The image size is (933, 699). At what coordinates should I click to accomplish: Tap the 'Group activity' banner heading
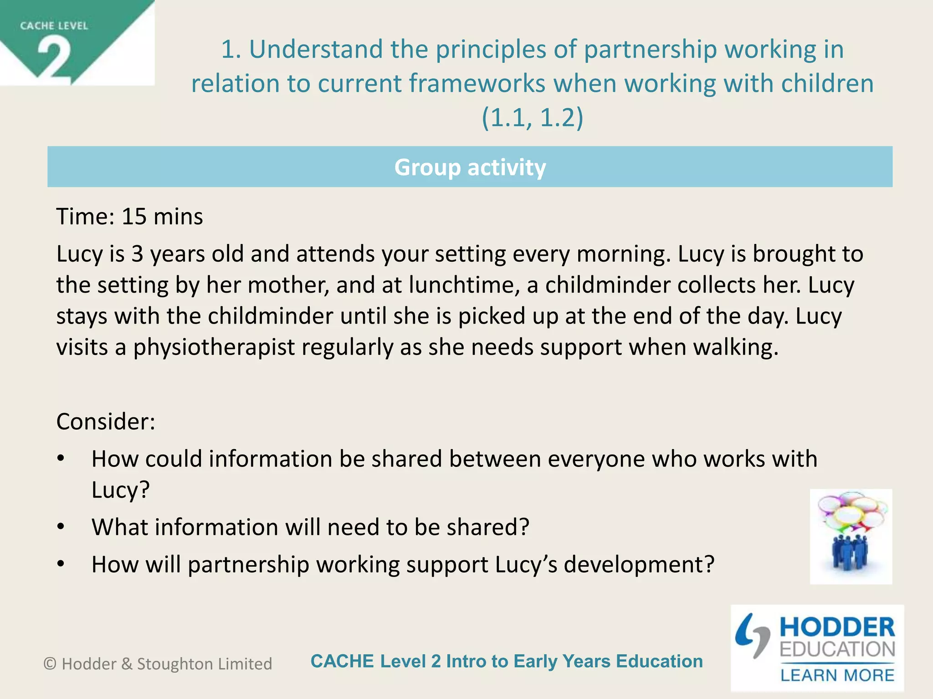[470, 167]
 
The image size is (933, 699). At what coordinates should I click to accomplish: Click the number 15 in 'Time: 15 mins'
[134, 217]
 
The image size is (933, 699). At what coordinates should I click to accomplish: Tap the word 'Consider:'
[106, 421]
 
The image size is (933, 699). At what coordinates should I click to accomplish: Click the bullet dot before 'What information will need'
[61, 527]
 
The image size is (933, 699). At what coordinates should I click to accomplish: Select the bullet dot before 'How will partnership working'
[61, 564]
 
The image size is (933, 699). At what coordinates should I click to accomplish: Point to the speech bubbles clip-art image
[851, 536]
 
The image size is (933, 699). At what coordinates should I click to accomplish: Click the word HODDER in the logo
[837, 628]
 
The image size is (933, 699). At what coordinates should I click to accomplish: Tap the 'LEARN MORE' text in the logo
[837, 675]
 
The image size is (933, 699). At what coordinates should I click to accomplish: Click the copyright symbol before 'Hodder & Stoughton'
[50, 664]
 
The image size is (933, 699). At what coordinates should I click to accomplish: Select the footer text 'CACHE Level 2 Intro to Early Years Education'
[507, 661]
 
